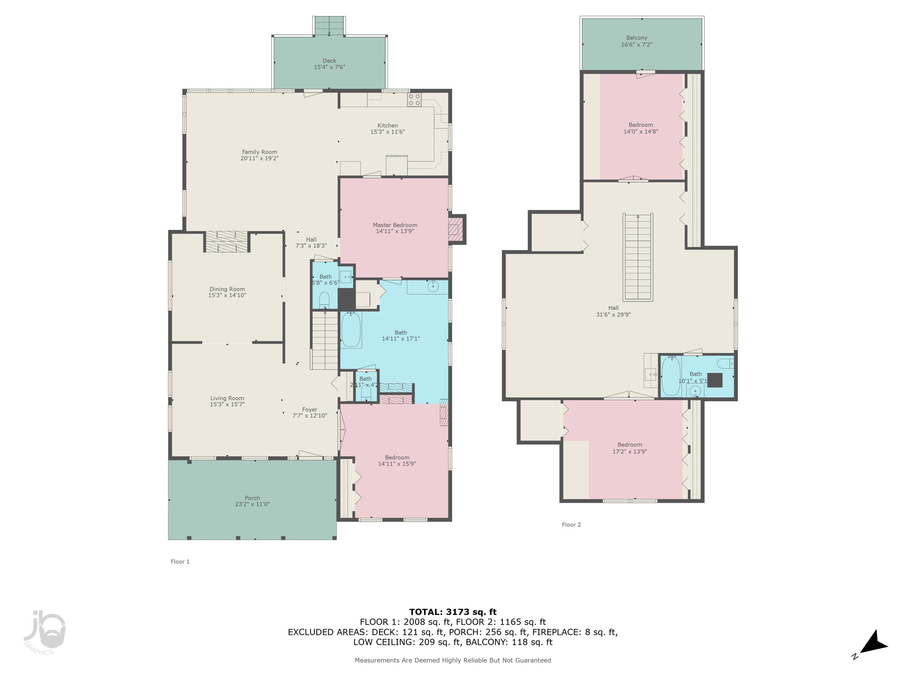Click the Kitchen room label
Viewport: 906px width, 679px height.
(387, 126)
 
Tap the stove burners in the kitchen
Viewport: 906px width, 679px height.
(414, 100)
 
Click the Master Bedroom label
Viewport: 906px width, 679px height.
(395, 225)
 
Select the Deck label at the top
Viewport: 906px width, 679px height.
(329, 61)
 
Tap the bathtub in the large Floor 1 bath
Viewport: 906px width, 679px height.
(351, 330)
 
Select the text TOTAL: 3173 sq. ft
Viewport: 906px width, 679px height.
(453, 612)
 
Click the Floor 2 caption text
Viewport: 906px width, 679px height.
(571, 525)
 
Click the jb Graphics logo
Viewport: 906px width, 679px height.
(44, 632)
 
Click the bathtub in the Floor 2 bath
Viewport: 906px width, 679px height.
(671, 376)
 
